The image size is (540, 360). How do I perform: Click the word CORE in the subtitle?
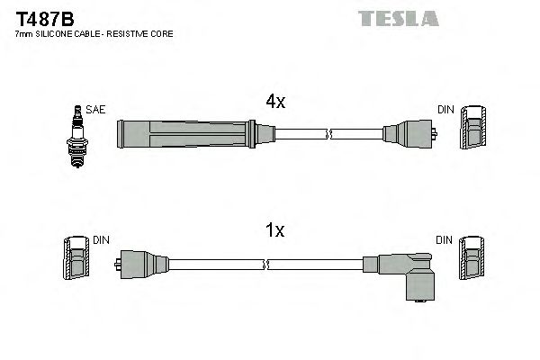tap(163, 33)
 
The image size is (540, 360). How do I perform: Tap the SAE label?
tap(96, 109)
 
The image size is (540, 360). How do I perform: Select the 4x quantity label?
tap(275, 103)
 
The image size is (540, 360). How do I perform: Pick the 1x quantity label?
tap(275, 231)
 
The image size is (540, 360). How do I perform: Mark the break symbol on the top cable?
tap(329, 136)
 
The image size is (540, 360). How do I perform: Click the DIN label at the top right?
tap(445, 109)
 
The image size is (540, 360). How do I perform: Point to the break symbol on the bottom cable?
tap(266, 265)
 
